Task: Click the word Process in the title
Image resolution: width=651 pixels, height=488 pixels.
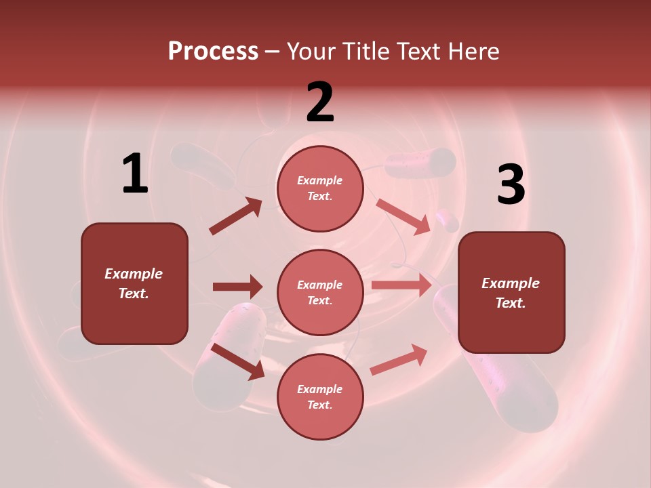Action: click(213, 51)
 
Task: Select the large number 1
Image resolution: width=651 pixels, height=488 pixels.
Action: click(135, 174)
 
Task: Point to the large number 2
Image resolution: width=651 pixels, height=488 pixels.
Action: click(320, 103)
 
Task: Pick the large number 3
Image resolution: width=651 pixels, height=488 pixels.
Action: click(511, 185)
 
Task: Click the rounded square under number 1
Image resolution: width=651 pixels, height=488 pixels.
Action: click(134, 283)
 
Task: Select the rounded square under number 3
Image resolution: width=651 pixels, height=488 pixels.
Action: click(511, 293)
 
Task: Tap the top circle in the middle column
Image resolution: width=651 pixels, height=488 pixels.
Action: click(320, 188)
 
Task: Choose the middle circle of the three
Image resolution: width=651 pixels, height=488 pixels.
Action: click(320, 292)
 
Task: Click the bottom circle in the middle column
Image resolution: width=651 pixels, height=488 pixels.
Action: click(320, 396)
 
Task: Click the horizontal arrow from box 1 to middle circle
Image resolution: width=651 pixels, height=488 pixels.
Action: click(237, 287)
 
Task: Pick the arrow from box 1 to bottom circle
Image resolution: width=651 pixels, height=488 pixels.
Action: click(237, 361)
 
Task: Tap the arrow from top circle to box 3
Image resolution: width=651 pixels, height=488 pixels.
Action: click(403, 216)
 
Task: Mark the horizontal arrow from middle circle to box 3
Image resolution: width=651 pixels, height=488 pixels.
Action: click(401, 285)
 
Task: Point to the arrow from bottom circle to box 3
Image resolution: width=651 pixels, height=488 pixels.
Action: click(399, 359)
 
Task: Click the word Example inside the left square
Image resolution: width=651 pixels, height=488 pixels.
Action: click(134, 274)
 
